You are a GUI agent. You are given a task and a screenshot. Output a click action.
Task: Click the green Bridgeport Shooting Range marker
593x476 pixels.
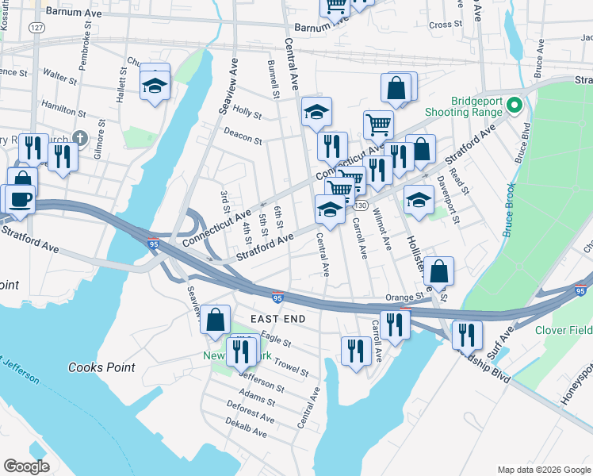click(515, 105)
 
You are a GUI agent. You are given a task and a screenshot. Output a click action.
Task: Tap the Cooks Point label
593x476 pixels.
click(101, 367)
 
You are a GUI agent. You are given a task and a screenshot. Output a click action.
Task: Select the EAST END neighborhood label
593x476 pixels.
click(278, 318)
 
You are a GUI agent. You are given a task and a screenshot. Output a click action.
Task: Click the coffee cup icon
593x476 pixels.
click(21, 199)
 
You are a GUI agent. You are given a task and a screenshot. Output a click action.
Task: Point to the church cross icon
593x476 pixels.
click(78, 137)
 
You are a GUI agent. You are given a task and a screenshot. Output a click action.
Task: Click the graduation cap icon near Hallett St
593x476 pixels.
click(155, 84)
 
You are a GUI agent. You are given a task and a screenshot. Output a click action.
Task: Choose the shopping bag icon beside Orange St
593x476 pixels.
click(438, 271)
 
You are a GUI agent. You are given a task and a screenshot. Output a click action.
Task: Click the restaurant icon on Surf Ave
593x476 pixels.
click(467, 334)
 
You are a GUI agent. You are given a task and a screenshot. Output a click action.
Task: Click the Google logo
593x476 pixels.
click(27, 466)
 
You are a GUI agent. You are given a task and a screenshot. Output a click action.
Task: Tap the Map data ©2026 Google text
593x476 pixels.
click(543, 469)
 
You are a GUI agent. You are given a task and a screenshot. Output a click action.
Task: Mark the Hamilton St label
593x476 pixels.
click(64, 108)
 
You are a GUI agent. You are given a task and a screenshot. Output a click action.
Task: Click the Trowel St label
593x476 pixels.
click(292, 366)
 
